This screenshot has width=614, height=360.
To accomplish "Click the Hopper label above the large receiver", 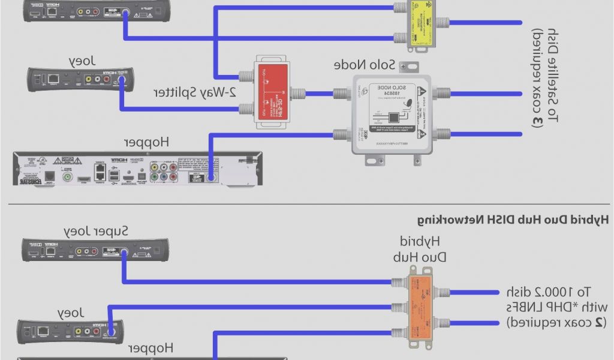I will [146, 142].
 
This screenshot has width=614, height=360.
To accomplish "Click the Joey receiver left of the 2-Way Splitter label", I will [79, 79].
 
